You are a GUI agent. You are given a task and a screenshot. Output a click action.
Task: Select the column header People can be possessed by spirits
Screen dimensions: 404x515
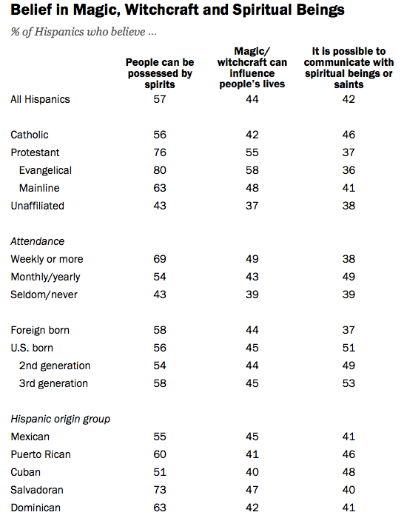[x=160, y=73]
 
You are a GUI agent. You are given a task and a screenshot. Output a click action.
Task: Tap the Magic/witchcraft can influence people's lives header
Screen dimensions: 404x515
[x=252, y=67]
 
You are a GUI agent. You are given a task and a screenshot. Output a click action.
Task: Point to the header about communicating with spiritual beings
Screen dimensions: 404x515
[x=349, y=67]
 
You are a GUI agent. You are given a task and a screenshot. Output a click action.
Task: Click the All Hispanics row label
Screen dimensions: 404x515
[x=40, y=99]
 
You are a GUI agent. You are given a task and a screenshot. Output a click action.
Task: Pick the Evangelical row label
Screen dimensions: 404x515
[x=45, y=170]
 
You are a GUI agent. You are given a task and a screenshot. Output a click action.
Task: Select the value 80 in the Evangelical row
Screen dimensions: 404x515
[x=160, y=170]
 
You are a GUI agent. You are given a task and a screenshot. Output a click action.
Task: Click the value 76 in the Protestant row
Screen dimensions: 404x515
[x=160, y=152]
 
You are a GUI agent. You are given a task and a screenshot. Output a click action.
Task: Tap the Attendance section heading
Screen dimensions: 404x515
[x=38, y=241]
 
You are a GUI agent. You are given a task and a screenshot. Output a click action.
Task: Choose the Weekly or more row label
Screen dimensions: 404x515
[x=47, y=259]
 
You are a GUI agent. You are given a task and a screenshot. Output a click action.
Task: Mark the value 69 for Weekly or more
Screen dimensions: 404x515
[x=160, y=259]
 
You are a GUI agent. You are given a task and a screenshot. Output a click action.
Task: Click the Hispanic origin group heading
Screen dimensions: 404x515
[x=60, y=419]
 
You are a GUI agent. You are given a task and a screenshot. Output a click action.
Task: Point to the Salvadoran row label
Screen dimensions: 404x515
[x=37, y=490]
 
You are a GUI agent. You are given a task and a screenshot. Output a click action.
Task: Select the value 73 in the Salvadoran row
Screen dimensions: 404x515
[x=160, y=490]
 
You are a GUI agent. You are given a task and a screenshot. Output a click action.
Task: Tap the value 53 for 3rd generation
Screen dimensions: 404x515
[x=349, y=383]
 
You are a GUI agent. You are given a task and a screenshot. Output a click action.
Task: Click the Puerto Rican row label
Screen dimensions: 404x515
[x=41, y=454]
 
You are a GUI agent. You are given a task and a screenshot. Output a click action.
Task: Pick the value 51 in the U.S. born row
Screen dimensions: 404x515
[x=349, y=348]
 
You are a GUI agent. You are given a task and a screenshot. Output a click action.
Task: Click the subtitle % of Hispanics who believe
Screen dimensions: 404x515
[x=84, y=32]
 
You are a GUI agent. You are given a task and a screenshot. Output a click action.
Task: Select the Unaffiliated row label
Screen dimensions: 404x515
[x=38, y=206]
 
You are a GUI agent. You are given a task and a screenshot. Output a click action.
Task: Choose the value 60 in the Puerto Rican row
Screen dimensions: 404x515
[x=160, y=454]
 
